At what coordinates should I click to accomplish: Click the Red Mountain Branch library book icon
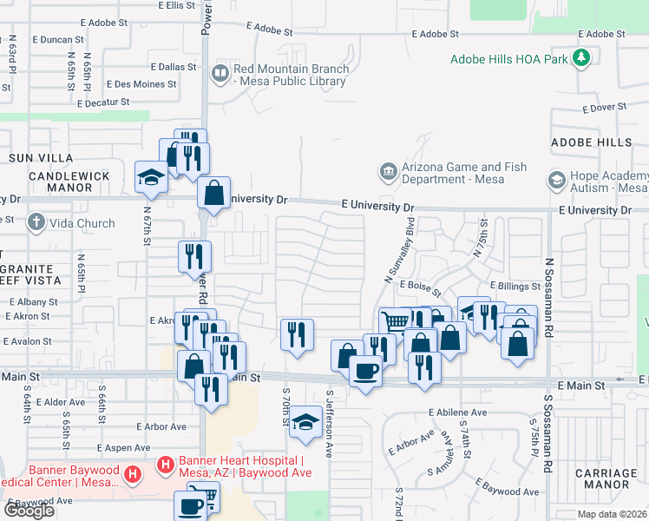[x=220, y=73]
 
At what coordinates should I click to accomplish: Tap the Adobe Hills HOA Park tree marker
[x=580, y=59]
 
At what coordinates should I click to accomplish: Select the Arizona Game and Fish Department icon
[x=389, y=172]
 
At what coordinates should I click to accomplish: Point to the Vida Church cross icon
[x=36, y=223]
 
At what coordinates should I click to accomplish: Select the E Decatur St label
[x=102, y=102]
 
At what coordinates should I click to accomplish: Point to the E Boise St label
[x=421, y=284]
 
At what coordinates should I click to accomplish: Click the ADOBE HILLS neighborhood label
[x=591, y=142]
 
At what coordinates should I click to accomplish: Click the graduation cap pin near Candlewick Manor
[x=152, y=177]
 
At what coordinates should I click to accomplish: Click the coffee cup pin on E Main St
[x=365, y=372]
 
